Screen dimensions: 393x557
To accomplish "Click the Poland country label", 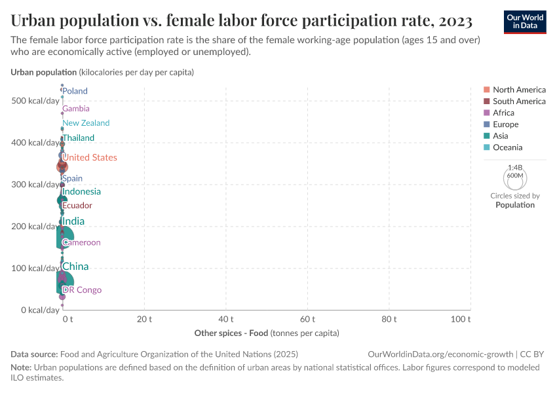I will coord(75,91).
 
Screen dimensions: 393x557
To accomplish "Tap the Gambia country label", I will coord(76,109).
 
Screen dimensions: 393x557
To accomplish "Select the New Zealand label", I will coord(86,123).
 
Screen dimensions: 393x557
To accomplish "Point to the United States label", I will coord(90,158).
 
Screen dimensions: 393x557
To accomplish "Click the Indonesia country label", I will coord(81,192).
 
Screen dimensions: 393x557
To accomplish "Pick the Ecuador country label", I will coord(77,206).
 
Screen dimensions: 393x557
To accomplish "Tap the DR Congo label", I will coord(82,290).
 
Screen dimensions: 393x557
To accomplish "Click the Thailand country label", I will coord(79,138).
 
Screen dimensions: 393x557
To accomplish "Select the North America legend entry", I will coord(519,90).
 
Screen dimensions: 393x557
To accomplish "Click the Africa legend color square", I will coord(486,113).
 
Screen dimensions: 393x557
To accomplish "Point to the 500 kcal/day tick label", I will coord(35,101).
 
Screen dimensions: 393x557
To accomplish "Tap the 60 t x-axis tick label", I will coord(307,319).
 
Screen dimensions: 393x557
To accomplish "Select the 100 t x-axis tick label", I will coord(461,319).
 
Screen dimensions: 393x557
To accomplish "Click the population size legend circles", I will coord(514,177).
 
